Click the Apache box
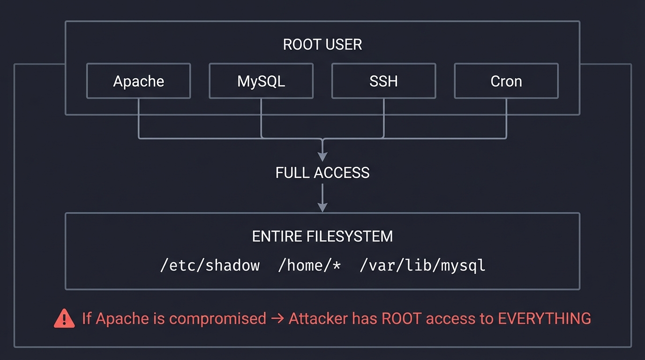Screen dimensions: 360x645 [x=138, y=81]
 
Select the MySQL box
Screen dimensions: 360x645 [x=261, y=81]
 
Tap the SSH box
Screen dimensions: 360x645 [x=383, y=81]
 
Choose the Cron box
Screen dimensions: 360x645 [x=506, y=81]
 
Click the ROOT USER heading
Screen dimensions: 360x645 [x=322, y=45]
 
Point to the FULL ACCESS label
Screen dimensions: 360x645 [x=322, y=172]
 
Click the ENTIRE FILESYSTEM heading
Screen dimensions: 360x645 [x=322, y=236]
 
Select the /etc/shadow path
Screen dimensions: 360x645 [x=210, y=265]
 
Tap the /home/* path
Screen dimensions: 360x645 [x=309, y=265]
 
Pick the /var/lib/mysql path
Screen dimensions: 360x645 [x=422, y=265]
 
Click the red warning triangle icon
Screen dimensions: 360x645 [x=64, y=319]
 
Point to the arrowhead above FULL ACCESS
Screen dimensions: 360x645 [x=322, y=157]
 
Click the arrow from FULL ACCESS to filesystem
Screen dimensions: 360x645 [x=322, y=197]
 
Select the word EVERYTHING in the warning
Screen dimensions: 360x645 [x=544, y=319]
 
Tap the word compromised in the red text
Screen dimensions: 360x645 [x=217, y=319]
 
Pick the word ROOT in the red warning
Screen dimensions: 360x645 [x=398, y=319]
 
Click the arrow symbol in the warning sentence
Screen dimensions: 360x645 [x=277, y=319]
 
